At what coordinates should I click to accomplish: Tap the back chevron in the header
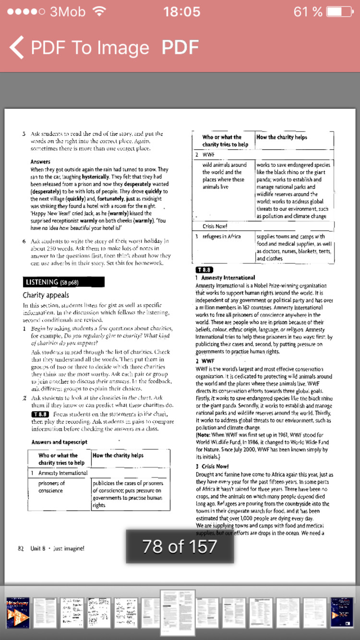16,47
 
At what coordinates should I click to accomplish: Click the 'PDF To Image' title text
90,47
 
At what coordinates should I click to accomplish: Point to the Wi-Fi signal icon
99,12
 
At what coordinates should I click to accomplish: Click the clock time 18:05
181,12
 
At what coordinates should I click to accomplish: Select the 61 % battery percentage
308,12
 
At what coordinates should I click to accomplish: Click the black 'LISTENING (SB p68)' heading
63,282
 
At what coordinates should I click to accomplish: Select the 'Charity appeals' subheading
46,295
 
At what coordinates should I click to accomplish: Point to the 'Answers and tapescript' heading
60,442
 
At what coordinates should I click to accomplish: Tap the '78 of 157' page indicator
180,546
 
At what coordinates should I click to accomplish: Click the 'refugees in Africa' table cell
221,237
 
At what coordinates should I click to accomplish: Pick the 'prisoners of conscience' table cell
51,487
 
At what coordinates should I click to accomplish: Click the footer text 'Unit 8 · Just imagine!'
57,548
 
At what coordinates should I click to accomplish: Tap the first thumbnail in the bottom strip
18,612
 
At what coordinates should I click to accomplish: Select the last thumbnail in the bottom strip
342,612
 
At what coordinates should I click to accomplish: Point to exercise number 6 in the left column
24,241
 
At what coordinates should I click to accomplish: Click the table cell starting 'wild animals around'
224,176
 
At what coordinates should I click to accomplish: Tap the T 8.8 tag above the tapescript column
204,270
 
